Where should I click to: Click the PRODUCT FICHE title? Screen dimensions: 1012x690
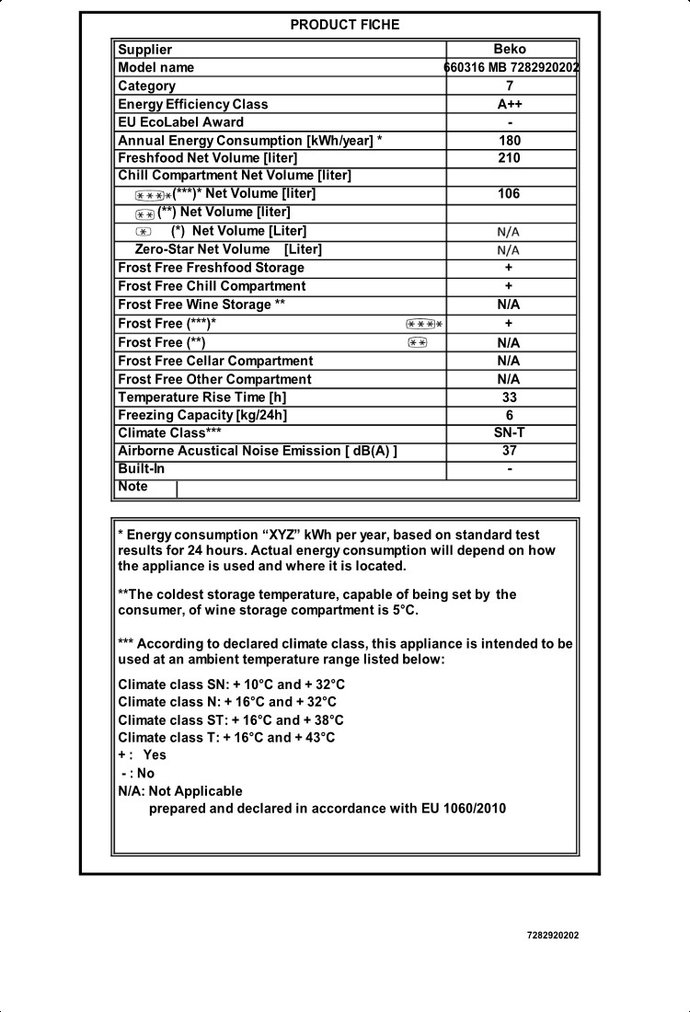(x=344, y=25)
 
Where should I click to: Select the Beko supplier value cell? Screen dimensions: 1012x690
(x=510, y=50)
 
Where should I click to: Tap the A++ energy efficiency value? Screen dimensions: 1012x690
(x=510, y=104)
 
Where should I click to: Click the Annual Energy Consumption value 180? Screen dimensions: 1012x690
(x=510, y=141)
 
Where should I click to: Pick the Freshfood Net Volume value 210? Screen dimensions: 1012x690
(x=510, y=158)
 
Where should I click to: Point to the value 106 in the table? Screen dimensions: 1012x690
(x=510, y=194)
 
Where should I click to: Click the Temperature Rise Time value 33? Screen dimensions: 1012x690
(x=510, y=397)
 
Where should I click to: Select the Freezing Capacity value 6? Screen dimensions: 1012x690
(x=510, y=415)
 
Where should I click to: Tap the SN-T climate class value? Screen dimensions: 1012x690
(x=510, y=432)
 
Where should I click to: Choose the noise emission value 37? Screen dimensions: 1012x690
(x=510, y=451)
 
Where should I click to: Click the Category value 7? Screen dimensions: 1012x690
(x=510, y=86)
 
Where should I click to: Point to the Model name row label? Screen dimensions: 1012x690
(x=156, y=67)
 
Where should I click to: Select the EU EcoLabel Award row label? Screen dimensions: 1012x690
(x=181, y=122)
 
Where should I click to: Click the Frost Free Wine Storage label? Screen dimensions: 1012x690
(x=195, y=305)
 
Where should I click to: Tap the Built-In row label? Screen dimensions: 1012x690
(x=142, y=469)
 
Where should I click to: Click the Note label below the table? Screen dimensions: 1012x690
(x=132, y=487)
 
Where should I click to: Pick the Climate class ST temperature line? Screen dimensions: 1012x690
(x=231, y=720)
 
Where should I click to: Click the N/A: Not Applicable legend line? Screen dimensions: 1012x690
(x=180, y=791)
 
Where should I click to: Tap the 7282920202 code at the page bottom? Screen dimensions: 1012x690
(x=553, y=936)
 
